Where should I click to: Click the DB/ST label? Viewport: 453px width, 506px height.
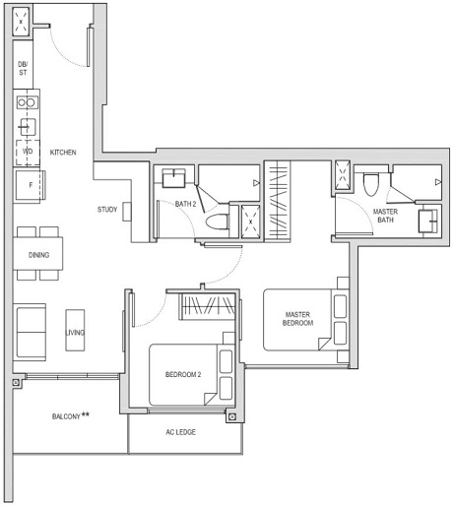(x=23, y=67)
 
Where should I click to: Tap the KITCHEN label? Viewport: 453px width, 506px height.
(x=63, y=153)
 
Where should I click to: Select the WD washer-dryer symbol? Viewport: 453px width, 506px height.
(x=27, y=153)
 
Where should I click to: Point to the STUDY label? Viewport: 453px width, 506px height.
(x=107, y=210)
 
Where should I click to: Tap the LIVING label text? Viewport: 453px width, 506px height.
(x=75, y=333)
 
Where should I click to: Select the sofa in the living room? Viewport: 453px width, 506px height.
(x=30, y=332)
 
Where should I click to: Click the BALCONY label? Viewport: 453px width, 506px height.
(x=70, y=416)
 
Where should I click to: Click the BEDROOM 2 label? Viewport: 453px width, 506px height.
(x=185, y=375)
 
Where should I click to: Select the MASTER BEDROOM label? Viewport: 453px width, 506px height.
(x=297, y=318)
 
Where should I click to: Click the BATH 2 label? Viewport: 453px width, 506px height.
(x=185, y=204)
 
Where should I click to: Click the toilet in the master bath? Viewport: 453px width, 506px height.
(x=371, y=184)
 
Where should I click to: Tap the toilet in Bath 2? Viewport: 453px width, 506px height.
(x=222, y=221)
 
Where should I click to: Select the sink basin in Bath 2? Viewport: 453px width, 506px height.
(x=175, y=177)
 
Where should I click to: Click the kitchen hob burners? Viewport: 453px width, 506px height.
(x=27, y=101)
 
